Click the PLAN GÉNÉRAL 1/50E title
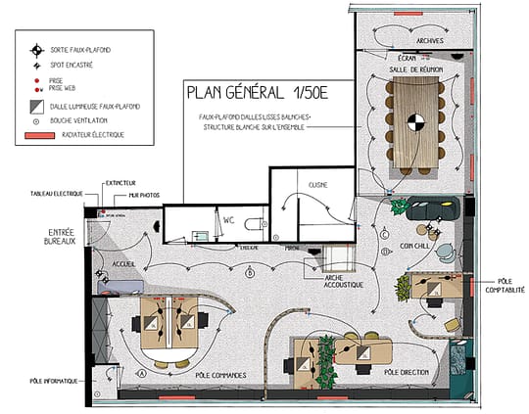pyautogui.click(x=256, y=96)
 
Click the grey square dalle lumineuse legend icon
pyautogui.click(x=36, y=106)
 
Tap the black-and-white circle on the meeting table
pyautogui.click(x=417, y=122)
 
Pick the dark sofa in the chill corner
pyautogui.click(x=431, y=209)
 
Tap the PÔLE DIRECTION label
pyautogui.click(x=405, y=373)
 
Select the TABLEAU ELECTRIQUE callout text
pyautogui.click(x=57, y=194)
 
